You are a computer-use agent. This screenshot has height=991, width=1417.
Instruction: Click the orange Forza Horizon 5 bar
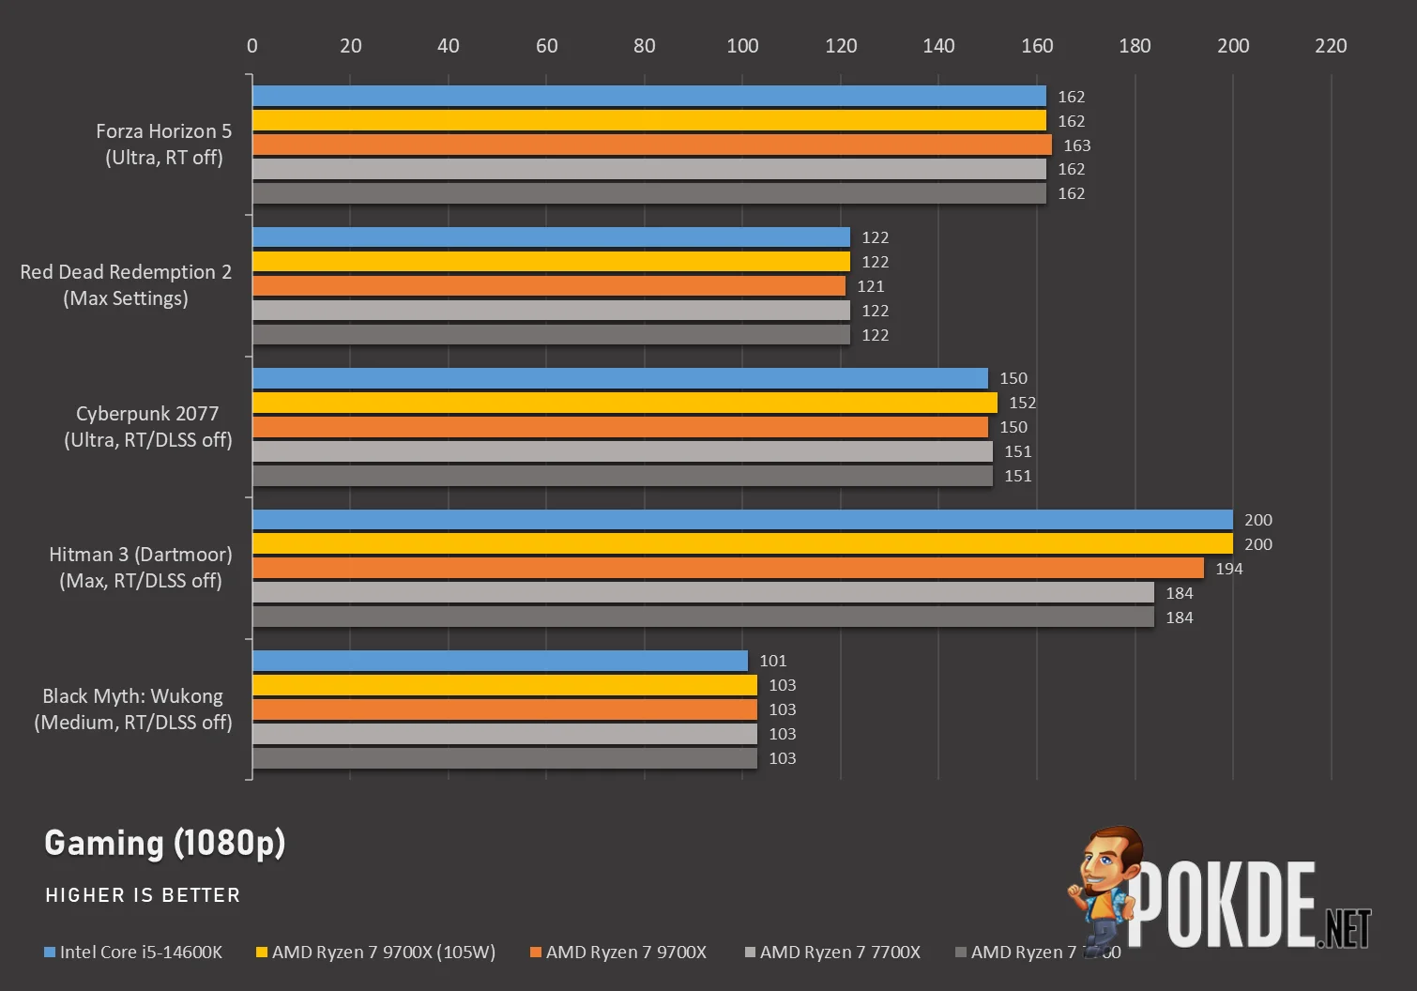(x=651, y=145)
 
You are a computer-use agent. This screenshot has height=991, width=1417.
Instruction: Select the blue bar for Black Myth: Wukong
(x=499, y=661)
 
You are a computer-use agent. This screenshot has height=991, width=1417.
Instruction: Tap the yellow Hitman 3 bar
(x=741, y=544)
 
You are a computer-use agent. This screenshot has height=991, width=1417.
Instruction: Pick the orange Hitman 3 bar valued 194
(x=727, y=569)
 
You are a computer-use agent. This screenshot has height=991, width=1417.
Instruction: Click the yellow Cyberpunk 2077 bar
(x=624, y=403)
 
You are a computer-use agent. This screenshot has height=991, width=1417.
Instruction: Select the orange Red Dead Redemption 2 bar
(x=548, y=286)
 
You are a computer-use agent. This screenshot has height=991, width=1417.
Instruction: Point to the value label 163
(x=1076, y=145)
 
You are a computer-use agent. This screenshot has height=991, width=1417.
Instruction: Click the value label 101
(x=772, y=661)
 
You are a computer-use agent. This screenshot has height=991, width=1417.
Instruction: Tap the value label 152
(x=1022, y=403)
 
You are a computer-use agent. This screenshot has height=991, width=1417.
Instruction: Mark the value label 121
(x=870, y=286)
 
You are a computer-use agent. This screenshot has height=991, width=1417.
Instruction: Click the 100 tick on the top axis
(x=742, y=45)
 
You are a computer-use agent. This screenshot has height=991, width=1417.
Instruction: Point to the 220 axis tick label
(x=1330, y=45)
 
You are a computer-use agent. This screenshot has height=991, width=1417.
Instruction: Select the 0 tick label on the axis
(x=251, y=45)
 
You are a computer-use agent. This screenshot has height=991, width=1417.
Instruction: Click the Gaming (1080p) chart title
(x=165, y=843)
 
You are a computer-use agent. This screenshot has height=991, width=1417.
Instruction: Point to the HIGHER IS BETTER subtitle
(x=143, y=895)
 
